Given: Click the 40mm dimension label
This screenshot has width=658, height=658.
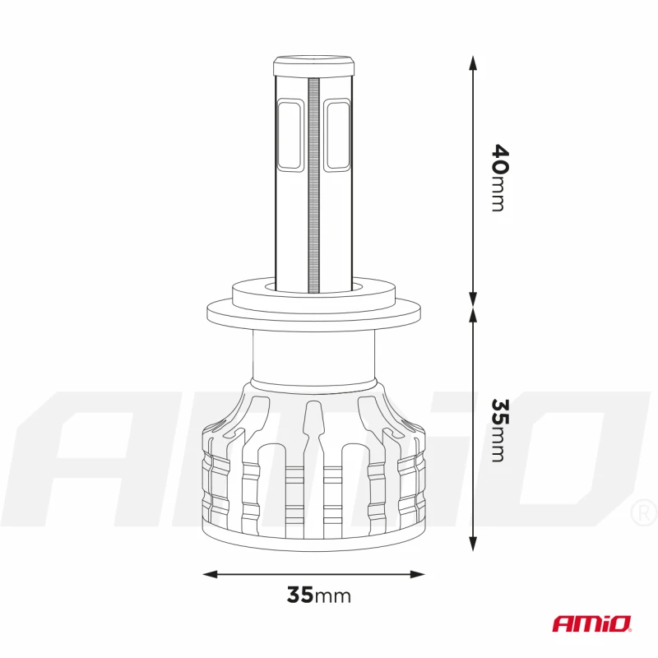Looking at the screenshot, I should click(x=498, y=178).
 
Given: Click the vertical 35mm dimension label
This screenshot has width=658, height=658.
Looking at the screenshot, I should click(x=498, y=429).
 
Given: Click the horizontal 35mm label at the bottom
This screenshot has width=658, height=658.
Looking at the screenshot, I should click(x=318, y=595).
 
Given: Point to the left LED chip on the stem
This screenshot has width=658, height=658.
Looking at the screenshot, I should click(x=290, y=135).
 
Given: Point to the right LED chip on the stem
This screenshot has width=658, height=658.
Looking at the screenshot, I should click(x=337, y=135).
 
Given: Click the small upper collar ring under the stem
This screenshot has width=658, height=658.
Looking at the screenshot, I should click(x=313, y=290).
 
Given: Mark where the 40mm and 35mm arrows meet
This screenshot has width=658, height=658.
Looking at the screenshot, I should click(x=473, y=305).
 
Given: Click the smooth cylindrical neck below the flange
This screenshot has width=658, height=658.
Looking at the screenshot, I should click(x=313, y=357).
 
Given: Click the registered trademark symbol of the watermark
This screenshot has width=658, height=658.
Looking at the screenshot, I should click(x=643, y=514).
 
